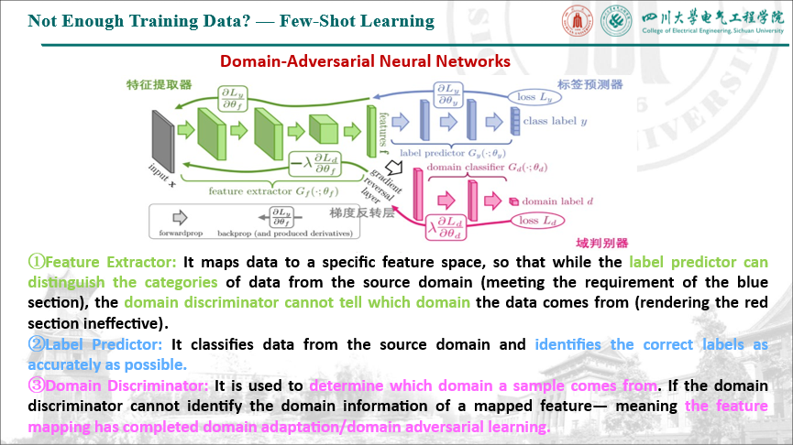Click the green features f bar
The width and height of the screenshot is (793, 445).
(x=371, y=130)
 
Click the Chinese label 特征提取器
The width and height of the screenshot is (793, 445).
(x=159, y=85)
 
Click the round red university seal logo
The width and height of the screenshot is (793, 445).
(x=577, y=23)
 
